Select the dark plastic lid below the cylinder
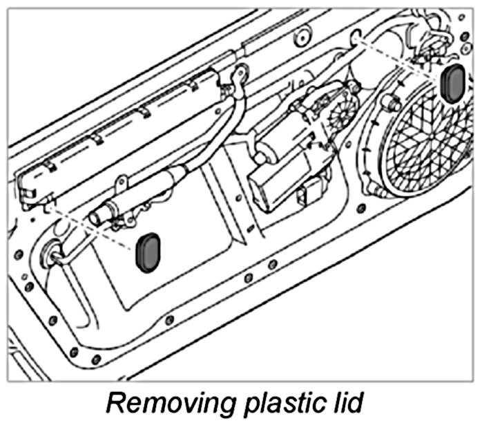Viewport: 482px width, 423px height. tap(148, 252)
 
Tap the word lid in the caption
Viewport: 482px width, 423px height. tap(340, 401)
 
